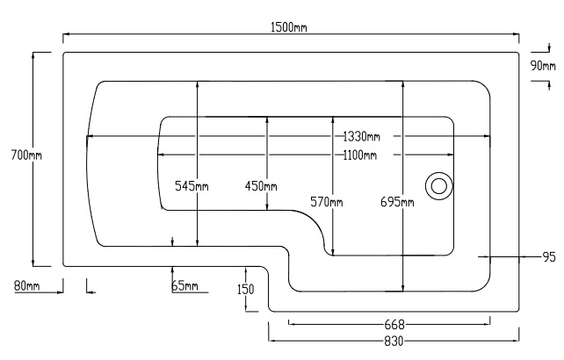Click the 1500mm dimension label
pyautogui.click(x=290, y=27)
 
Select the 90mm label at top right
pyautogui.click(x=542, y=66)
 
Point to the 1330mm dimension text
pyautogui.click(x=361, y=136)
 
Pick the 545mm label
pyautogui.click(x=191, y=186)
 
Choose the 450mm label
pyautogui.click(x=261, y=186)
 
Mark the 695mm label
pyautogui.click(x=397, y=203)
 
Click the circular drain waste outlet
pyautogui.click(x=438, y=185)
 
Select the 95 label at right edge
pyautogui.click(x=549, y=257)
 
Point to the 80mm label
pyautogui.click(x=27, y=285)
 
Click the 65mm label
pyautogui.click(x=184, y=286)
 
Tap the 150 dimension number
pyautogui.click(x=245, y=290)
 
